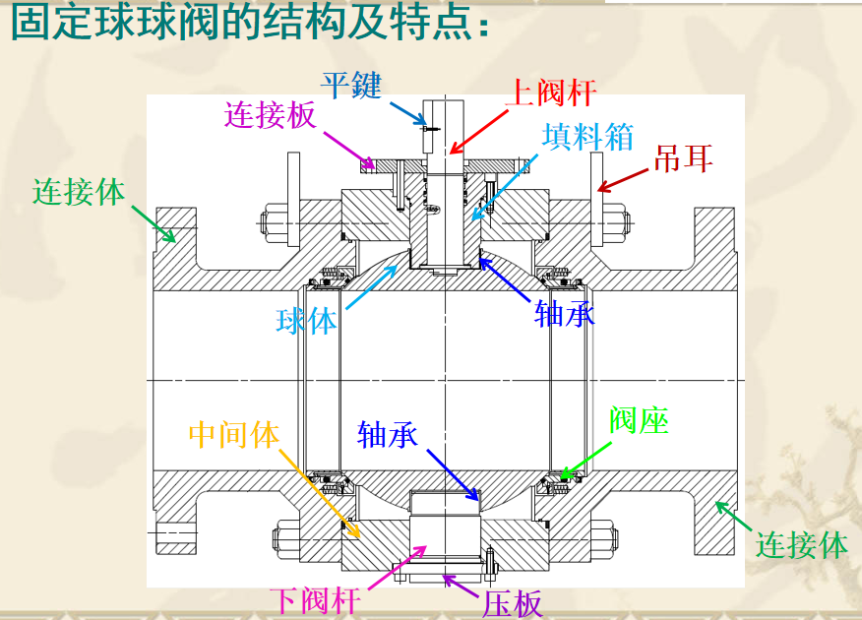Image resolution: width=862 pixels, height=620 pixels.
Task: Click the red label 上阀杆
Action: coord(550,93)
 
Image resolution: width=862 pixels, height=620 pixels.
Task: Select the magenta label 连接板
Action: coord(271,115)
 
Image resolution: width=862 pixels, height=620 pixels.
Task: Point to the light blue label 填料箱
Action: coord(590,137)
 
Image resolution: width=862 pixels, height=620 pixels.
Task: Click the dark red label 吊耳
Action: coord(683,157)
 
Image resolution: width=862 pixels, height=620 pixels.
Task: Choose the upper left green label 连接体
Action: coord(79,191)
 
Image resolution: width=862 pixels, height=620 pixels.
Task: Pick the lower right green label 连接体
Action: coord(801,543)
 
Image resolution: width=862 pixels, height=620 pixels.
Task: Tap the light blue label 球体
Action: coord(306,321)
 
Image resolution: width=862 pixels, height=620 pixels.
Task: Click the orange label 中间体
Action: coord(234,434)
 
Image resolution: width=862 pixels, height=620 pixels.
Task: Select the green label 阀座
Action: coord(639,420)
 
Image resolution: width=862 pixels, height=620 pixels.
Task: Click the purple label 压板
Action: coord(513,602)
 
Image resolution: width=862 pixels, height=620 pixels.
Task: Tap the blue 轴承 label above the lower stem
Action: coord(389,434)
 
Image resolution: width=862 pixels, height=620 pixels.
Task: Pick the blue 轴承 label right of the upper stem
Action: coord(565,313)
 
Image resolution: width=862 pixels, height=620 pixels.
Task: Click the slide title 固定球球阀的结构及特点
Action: coord(250,24)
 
